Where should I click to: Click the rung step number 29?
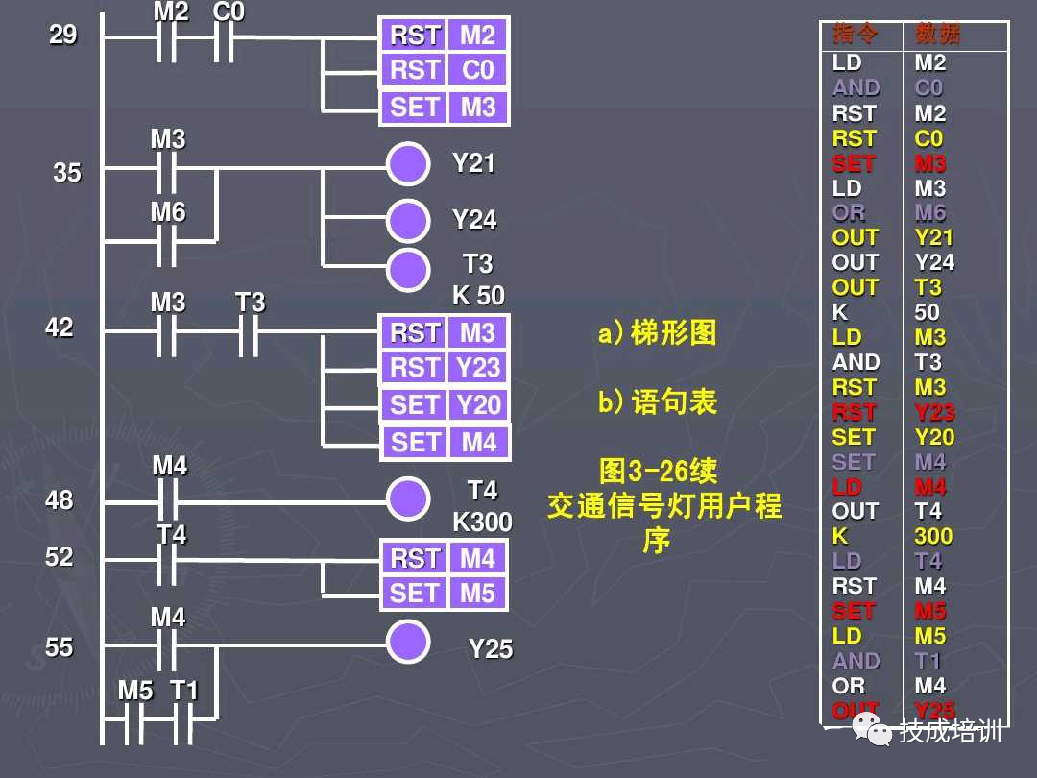click(x=62, y=36)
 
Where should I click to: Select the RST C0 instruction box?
click(x=445, y=70)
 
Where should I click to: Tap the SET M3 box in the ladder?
click(x=445, y=107)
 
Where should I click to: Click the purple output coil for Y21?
click(x=408, y=164)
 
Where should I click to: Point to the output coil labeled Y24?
click(x=408, y=221)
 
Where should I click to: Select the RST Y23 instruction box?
click(x=445, y=368)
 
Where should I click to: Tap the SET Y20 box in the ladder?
click(x=445, y=404)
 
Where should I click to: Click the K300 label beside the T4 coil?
click(x=482, y=523)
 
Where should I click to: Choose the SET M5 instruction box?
click(x=445, y=594)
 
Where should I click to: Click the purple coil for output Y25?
click(x=408, y=642)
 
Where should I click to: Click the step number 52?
click(x=60, y=557)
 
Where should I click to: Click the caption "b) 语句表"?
click(x=657, y=401)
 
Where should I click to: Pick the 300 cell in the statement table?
click(x=933, y=536)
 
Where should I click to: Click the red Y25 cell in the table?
click(x=934, y=711)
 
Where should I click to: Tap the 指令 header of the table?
click(x=856, y=35)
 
